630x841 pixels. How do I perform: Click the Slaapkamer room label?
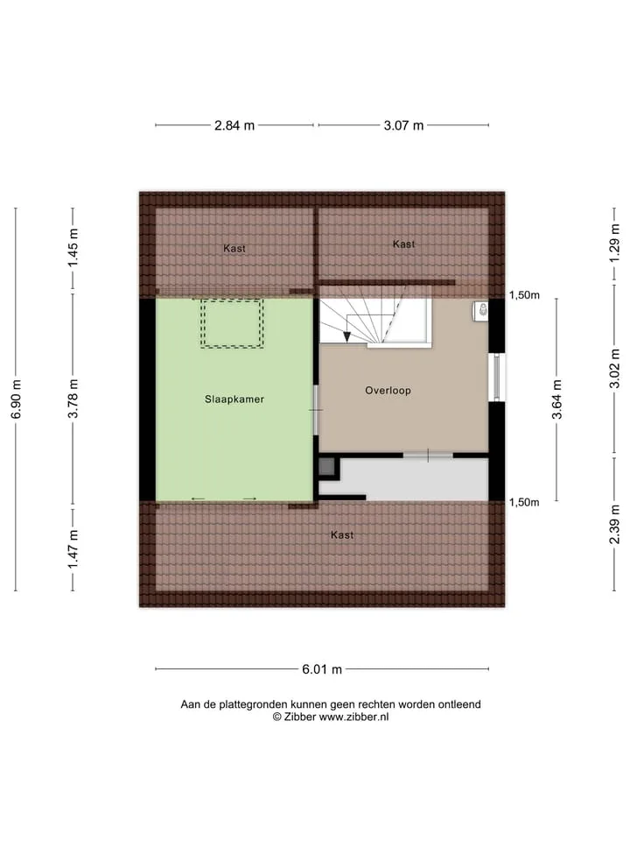coord(234,399)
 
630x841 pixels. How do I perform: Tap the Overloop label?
coord(388,391)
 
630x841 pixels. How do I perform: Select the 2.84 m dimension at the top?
coord(234,125)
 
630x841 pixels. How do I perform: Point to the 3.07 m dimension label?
coord(403,125)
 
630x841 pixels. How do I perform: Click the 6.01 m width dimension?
coord(322,669)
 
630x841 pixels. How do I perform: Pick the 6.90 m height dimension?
coord(16,399)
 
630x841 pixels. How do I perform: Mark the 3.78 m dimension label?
coord(73,399)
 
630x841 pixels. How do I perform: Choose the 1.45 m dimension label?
coord(73,248)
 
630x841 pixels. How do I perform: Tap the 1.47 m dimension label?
coord(73,549)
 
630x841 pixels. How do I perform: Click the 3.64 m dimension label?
coord(557,399)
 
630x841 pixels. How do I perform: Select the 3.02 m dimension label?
coord(614,369)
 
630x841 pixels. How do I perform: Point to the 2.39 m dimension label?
coord(614,525)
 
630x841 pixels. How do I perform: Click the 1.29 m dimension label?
coord(614,243)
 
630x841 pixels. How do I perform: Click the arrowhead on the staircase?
coord(347,336)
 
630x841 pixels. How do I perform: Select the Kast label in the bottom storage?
coord(342,534)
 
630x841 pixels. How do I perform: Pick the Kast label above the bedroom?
coord(234,248)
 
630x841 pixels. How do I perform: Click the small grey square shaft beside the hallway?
coord(326,467)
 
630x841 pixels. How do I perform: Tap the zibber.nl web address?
coord(353,717)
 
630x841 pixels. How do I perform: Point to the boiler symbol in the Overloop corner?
coord(481,311)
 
